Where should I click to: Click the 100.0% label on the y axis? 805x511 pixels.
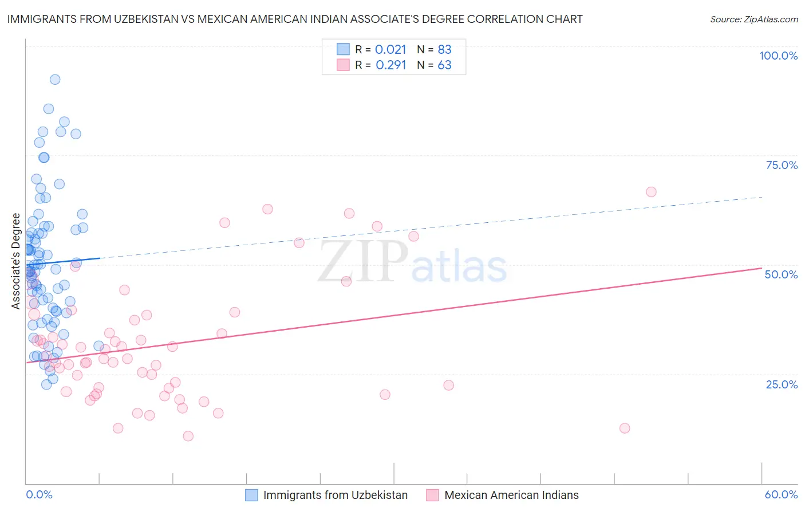(x=778, y=56)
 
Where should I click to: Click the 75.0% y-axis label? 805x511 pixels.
(x=782, y=165)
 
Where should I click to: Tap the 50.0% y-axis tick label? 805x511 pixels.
(x=781, y=274)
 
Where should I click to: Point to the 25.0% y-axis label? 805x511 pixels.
(x=782, y=384)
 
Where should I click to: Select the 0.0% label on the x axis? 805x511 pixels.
(x=39, y=494)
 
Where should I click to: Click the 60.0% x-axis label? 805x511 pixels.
(x=781, y=494)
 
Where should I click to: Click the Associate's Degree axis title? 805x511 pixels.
(x=16, y=261)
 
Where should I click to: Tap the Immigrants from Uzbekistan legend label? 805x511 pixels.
(x=335, y=495)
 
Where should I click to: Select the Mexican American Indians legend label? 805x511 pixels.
(x=511, y=495)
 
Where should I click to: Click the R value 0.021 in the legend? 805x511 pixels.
(x=390, y=50)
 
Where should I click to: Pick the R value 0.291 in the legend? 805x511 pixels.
(x=390, y=65)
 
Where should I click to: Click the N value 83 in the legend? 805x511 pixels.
(x=444, y=50)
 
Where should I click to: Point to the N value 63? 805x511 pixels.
(x=444, y=65)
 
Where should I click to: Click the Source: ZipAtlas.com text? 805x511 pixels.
(x=753, y=19)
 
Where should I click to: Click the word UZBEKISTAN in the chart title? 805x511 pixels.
(x=148, y=19)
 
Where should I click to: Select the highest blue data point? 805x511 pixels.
(x=55, y=80)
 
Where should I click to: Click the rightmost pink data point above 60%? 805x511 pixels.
(x=651, y=192)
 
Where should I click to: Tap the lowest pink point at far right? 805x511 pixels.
(x=625, y=429)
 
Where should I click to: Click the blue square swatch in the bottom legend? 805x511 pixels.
(x=251, y=495)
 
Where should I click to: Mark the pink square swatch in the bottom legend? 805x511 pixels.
(x=432, y=495)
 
